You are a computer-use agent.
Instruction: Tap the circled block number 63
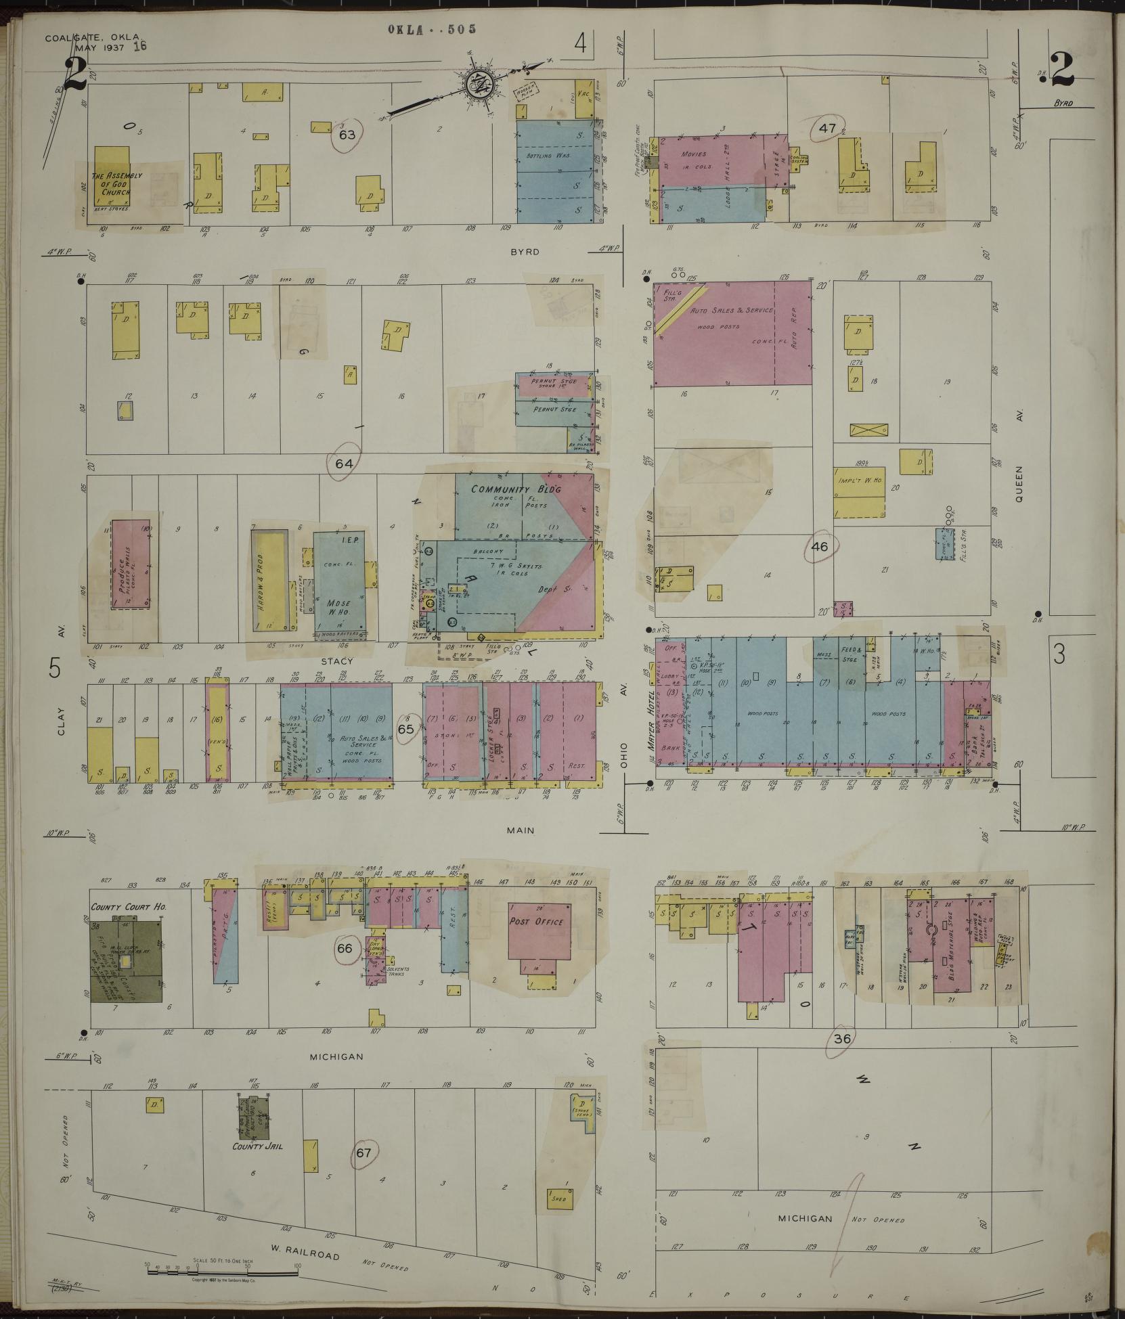click(347, 134)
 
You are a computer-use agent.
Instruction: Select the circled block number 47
click(827, 129)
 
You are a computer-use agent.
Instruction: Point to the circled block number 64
click(344, 464)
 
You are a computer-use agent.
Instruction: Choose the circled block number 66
click(345, 948)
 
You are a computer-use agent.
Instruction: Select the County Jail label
click(257, 1146)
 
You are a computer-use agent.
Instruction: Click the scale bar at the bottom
click(223, 1274)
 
